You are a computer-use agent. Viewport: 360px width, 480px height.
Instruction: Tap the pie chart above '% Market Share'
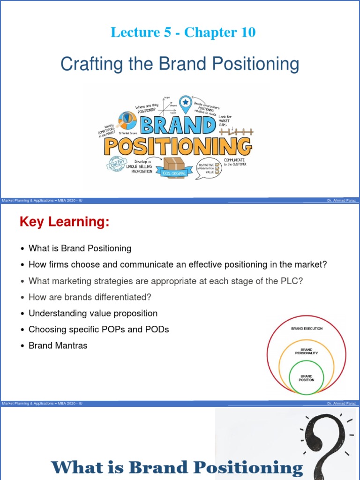tap(127, 120)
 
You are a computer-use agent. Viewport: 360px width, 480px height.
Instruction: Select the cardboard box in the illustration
tap(173, 166)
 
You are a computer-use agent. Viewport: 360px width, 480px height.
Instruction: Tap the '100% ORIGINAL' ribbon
tap(174, 174)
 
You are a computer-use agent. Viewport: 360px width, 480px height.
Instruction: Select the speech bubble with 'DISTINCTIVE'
tap(208, 168)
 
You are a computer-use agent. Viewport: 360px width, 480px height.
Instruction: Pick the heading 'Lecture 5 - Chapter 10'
tap(183, 32)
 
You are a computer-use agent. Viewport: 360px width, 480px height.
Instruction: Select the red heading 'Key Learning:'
tap(64, 222)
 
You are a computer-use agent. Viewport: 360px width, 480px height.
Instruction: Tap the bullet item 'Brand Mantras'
tap(58, 345)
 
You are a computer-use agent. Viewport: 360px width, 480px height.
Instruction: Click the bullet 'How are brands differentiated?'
tap(90, 297)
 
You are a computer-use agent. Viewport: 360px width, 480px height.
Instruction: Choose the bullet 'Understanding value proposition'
tap(93, 313)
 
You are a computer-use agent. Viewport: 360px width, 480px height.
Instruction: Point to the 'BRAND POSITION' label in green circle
tap(307, 378)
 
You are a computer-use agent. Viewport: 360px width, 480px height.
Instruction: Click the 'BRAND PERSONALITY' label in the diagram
tap(307, 351)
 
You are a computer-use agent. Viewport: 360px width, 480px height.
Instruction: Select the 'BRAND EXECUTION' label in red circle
tap(307, 329)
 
